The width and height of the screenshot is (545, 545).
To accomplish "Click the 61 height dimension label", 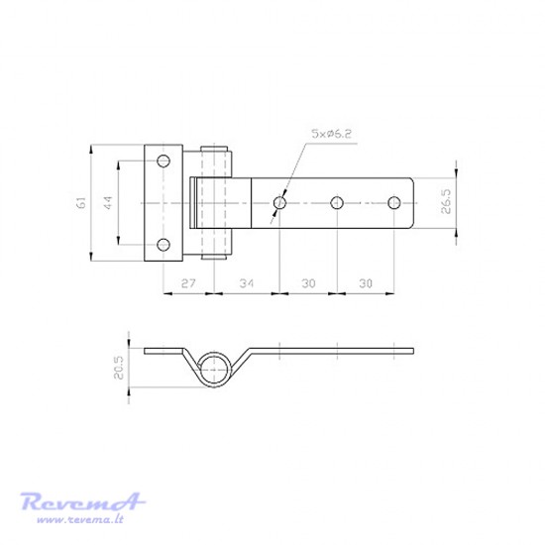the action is click(81, 202).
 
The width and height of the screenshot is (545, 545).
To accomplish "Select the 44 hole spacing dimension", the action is click(108, 202).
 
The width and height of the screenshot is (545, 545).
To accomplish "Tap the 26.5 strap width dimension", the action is click(446, 201).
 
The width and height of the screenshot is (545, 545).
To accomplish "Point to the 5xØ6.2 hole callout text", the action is click(331, 134).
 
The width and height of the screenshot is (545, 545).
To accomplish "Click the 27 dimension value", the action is click(188, 283).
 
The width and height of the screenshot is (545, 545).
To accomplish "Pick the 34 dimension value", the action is click(247, 283).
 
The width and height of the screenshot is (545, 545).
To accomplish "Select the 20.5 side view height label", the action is click(118, 368).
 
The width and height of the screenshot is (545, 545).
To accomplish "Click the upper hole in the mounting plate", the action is click(163, 161).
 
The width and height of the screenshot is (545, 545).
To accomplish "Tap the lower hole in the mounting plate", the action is click(163, 245).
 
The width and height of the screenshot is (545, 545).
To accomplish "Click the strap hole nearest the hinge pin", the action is click(279, 202).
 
